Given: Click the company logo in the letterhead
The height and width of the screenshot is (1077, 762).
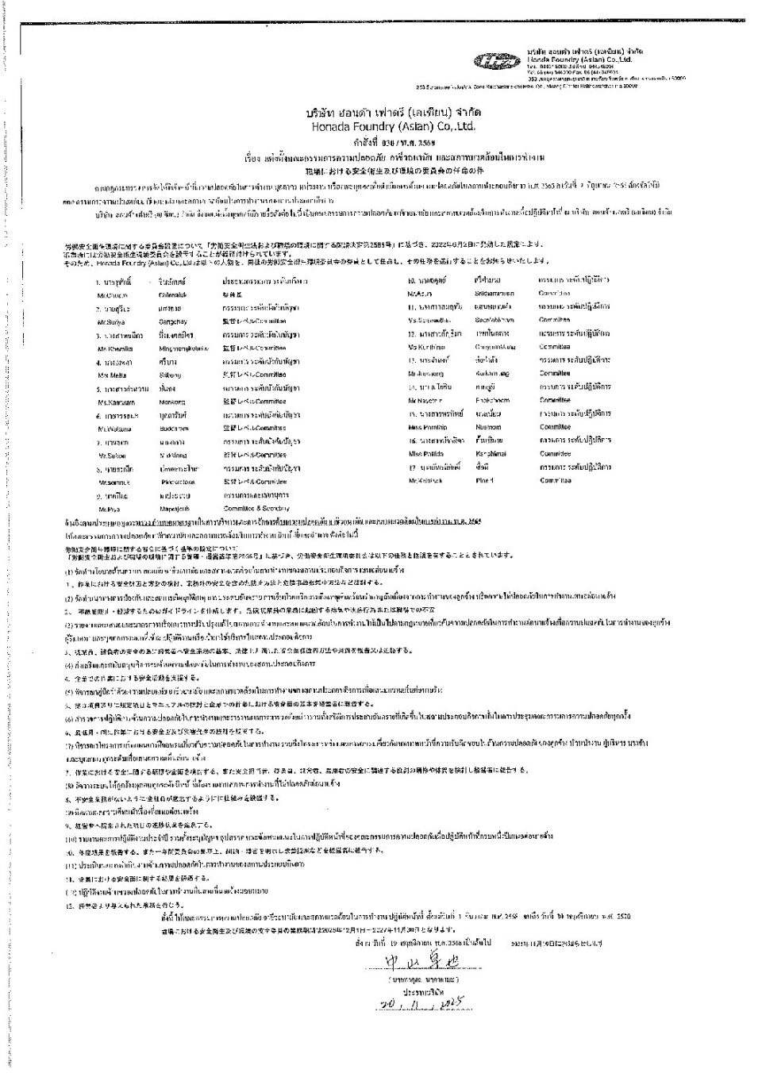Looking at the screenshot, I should (498, 60).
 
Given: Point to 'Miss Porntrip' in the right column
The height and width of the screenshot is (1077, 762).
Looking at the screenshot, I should (427, 427).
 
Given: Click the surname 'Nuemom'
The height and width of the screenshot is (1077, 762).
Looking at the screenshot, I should (488, 427).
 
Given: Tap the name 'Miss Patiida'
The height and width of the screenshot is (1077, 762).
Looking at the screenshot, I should (425, 453).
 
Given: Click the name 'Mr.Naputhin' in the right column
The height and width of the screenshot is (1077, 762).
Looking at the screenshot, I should (426, 400).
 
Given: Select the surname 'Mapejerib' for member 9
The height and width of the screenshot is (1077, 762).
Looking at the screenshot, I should (177, 508).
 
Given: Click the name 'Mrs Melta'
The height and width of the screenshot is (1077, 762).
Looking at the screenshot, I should (110, 375).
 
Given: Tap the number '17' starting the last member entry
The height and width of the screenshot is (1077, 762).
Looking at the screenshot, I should (413, 467).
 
